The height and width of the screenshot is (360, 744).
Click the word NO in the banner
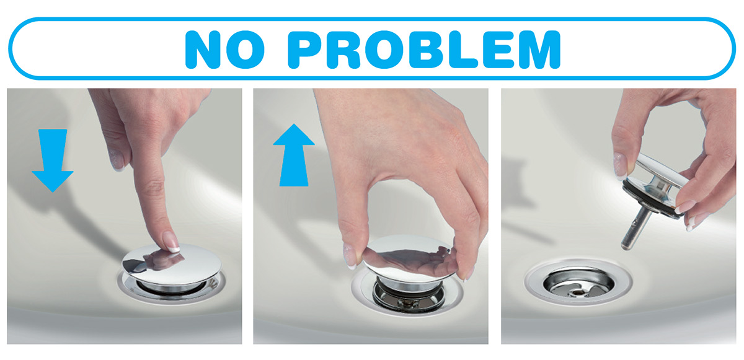tap(225, 50)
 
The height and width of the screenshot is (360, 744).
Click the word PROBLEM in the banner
tap(424, 50)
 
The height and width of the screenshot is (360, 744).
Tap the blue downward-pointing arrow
tap(53, 160)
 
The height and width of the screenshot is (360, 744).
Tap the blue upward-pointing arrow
tap(294, 155)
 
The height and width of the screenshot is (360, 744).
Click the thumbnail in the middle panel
tap(350, 256)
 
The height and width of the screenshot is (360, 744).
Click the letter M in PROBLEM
tap(540, 50)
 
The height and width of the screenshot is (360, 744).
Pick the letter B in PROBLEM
tap(426, 50)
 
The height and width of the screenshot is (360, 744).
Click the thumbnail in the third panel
tap(620, 166)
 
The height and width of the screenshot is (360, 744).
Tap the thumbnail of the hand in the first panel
tap(117, 160)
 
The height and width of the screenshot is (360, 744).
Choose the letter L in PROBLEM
tap(463, 50)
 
